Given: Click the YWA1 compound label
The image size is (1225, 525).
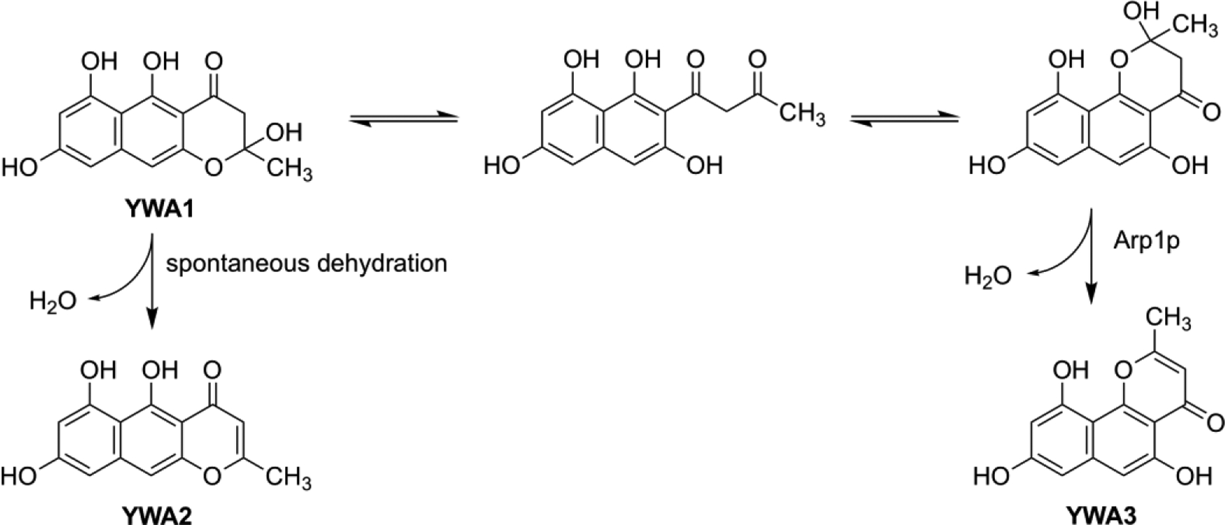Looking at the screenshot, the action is (158, 209).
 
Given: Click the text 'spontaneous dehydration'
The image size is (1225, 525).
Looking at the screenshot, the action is (306, 263).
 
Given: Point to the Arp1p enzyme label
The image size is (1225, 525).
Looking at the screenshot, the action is (1146, 241).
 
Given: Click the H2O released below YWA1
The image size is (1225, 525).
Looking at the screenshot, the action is (52, 301).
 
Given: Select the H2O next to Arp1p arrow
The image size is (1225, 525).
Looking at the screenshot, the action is (988, 277).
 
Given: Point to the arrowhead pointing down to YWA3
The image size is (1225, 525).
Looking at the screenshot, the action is (1092, 294).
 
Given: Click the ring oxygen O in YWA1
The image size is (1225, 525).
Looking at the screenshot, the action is (214, 167).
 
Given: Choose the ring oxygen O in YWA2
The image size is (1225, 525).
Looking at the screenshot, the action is (212, 475).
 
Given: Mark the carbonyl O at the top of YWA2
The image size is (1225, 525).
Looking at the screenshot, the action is (212, 371).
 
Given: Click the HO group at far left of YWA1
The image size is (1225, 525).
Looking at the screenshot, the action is (20, 167).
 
